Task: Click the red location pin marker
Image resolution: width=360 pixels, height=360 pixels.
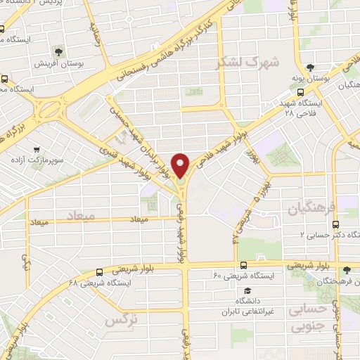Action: coord(181,166)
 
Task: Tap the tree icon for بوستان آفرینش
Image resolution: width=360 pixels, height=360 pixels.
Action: coord(56,50)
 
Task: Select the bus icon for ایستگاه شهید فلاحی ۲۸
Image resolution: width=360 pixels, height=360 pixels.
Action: coord(301,91)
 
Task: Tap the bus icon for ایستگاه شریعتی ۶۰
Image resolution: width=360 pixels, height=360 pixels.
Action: coord(243,265)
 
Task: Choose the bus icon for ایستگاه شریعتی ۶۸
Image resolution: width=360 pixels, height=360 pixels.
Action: coord(99,271)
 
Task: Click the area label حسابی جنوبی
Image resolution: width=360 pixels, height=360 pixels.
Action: coord(309,317)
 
